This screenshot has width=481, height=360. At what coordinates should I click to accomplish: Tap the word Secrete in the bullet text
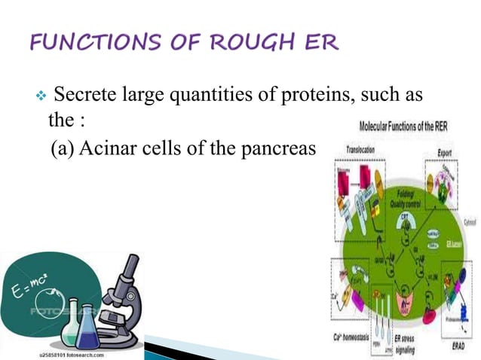click(83, 96)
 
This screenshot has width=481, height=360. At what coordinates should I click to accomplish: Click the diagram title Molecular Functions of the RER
click(403, 127)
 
